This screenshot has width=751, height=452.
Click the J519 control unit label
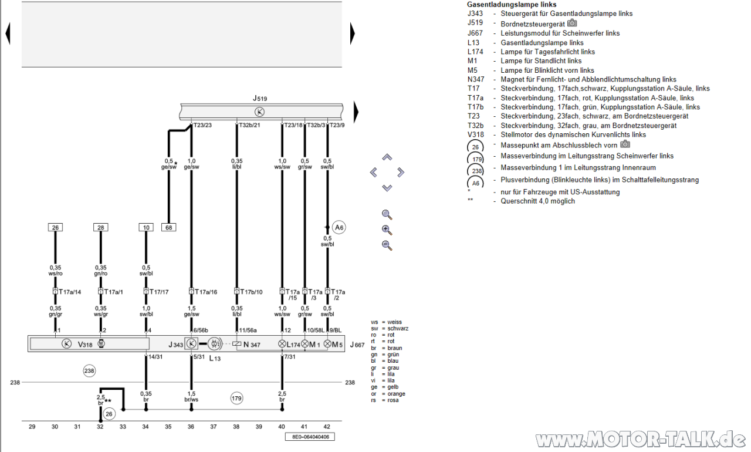260,99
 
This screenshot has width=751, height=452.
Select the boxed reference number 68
169,227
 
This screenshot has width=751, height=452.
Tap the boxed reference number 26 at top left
55,227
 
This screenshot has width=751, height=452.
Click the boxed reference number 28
100,227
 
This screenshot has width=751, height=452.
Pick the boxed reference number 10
146,227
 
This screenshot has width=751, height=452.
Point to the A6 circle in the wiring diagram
339,227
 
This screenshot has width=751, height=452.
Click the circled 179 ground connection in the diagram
236,399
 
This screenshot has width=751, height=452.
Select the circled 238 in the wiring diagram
89,370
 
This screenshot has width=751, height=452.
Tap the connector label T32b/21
249,125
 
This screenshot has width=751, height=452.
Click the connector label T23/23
202,125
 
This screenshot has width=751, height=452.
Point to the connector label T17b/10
251,292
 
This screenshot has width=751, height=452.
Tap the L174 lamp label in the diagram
293,344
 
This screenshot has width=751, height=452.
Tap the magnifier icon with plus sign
387,230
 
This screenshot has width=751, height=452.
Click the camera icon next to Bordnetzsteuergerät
572,23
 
